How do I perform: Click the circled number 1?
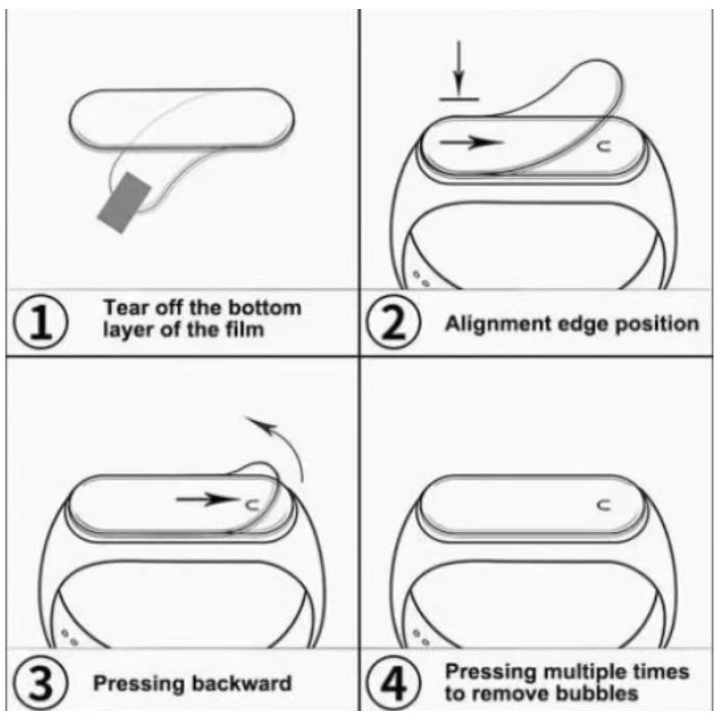tap(40, 322)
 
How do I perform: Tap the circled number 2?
tap(393, 322)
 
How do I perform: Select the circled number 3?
tap(40, 683)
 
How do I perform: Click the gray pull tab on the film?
tap(124, 202)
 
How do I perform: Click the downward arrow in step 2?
tap(458, 68)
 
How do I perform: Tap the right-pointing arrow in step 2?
tap(472, 142)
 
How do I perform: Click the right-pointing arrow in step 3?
tap(207, 499)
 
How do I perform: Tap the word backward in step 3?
tap(242, 683)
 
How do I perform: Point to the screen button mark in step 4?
tap(604, 505)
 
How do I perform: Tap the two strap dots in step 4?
tap(420, 637)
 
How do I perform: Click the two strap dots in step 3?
tap(70, 637)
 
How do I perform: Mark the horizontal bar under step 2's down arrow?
tap(458, 98)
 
